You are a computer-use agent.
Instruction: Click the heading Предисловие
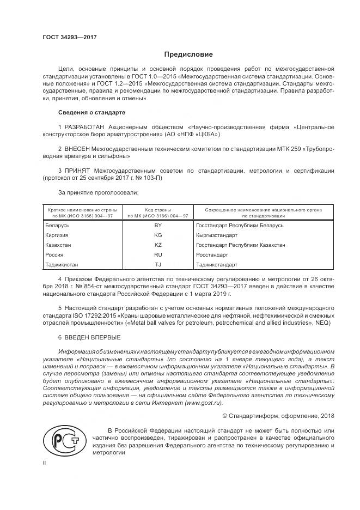188,54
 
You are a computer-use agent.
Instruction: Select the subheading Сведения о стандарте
91,112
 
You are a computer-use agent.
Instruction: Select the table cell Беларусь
57,225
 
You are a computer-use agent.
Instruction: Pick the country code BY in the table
158,225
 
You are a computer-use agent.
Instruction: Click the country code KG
158,235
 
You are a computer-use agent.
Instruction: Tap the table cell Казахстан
58,245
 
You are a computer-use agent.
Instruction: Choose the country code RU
158,255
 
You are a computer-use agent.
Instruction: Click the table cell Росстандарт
212,255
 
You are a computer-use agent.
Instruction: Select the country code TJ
158,265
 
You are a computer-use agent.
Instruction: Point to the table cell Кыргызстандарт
216,235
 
